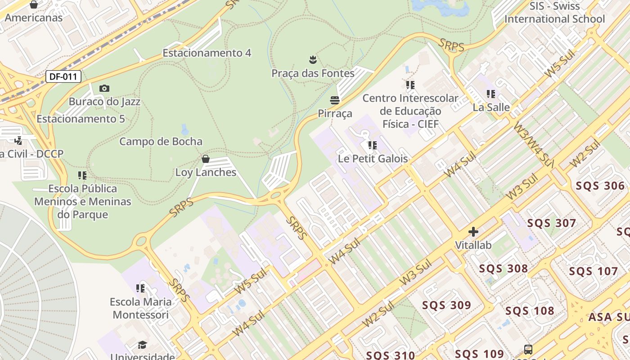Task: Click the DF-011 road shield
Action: coord(63,76)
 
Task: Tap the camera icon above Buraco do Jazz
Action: coord(104,89)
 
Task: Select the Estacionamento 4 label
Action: coord(207,53)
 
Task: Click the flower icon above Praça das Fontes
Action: coord(313,59)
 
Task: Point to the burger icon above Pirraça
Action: coord(334,100)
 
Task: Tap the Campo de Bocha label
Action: coord(161,141)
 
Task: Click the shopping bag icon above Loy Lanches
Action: coord(206,159)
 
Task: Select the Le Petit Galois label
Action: coord(373,158)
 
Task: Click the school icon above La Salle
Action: coord(491,94)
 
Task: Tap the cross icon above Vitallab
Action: coord(473,232)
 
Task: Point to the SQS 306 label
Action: coord(600,186)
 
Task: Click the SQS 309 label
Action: coord(446,305)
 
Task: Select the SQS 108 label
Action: coord(530,311)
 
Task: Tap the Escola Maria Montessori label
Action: coord(141,308)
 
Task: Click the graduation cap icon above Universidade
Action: coord(142,345)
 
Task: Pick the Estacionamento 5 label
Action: coord(81,119)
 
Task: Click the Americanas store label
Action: coord(33,18)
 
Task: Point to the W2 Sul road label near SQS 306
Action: coord(585,154)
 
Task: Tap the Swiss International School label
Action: coord(554,13)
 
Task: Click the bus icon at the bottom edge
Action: coord(528,349)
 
